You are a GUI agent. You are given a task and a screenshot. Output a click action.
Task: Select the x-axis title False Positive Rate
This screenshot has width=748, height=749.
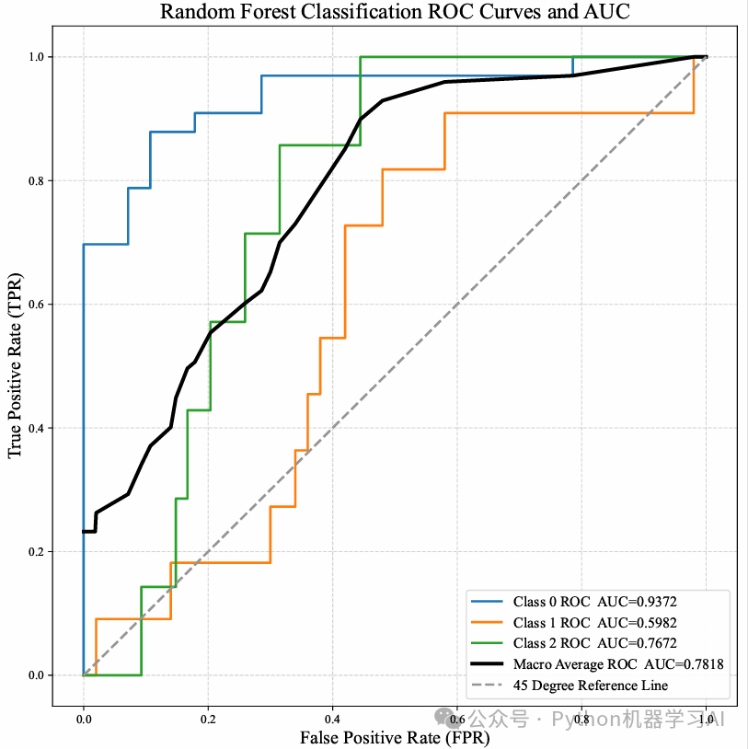[x=395, y=736]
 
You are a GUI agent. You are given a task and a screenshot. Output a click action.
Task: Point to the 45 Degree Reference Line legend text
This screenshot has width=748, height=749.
[x=590, y=685]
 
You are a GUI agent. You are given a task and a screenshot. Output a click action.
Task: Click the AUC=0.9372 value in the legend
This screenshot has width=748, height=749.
[x=637, y=602]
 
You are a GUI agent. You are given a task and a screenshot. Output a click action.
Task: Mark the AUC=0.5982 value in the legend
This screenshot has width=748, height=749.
[x=637, y=623]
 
